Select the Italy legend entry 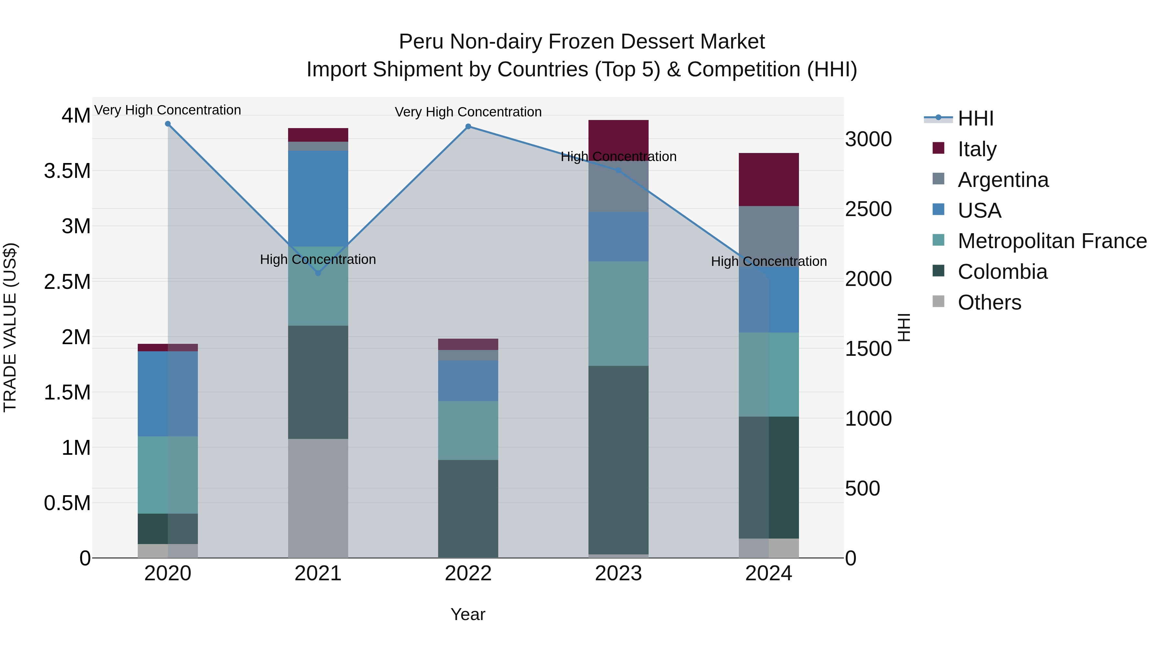[x=976, y=149]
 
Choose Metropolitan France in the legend [x=1051, y=241]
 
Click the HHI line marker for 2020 [x=167, y=124]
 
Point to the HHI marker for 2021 [x=318, y=273]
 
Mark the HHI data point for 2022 [x=468, y=126]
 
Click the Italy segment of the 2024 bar [x=769, y=180]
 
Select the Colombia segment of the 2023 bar [x=618, y=460]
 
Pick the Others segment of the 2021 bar [x=318, y=498]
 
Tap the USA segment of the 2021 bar [x=318, y=199]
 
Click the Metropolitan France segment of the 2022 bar [x=468, y=430]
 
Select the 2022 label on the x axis [x=468, y=573]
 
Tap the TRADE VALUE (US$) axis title [x=10, y=327]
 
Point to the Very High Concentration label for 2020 [x=167, y=110]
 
